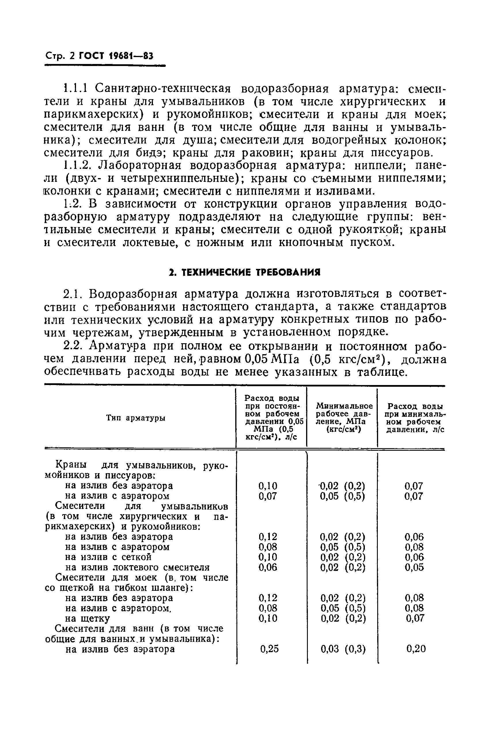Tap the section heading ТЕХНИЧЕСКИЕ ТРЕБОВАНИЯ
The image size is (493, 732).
244,272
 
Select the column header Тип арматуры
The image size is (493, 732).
136,418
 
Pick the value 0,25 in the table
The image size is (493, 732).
269,649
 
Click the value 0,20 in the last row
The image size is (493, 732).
416,649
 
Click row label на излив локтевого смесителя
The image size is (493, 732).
137,567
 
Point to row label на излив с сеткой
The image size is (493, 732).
108,557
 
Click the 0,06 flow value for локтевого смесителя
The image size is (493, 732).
268,567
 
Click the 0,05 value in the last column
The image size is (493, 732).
414,567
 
